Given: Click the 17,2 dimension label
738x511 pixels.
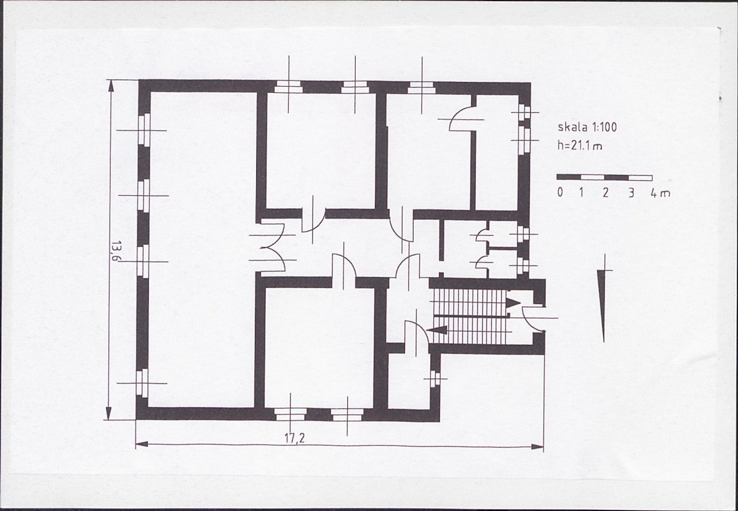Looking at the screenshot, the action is coord(295,438).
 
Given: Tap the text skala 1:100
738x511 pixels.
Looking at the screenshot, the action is coord(587,127).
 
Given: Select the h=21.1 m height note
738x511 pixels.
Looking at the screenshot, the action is coord(580,145).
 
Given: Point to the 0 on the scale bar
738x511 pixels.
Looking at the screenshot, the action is coord(560,192).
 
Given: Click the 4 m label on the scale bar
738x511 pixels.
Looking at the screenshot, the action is coord(660,193).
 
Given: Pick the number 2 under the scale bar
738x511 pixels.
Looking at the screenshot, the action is coord(606,192).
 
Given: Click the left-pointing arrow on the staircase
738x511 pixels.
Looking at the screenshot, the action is coord(436,329).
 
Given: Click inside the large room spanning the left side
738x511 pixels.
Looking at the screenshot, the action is coord(203,249).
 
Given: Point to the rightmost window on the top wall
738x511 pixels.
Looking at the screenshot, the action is coord(421,87).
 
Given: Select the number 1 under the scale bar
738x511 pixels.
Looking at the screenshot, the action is coord(582,192).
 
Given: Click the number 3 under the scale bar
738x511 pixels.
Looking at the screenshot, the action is coord(631,193).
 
